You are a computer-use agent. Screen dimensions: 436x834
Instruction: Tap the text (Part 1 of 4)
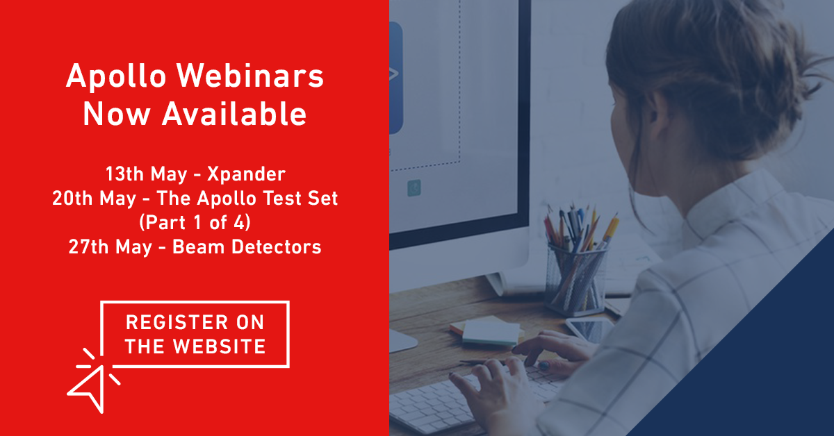(194, 223)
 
